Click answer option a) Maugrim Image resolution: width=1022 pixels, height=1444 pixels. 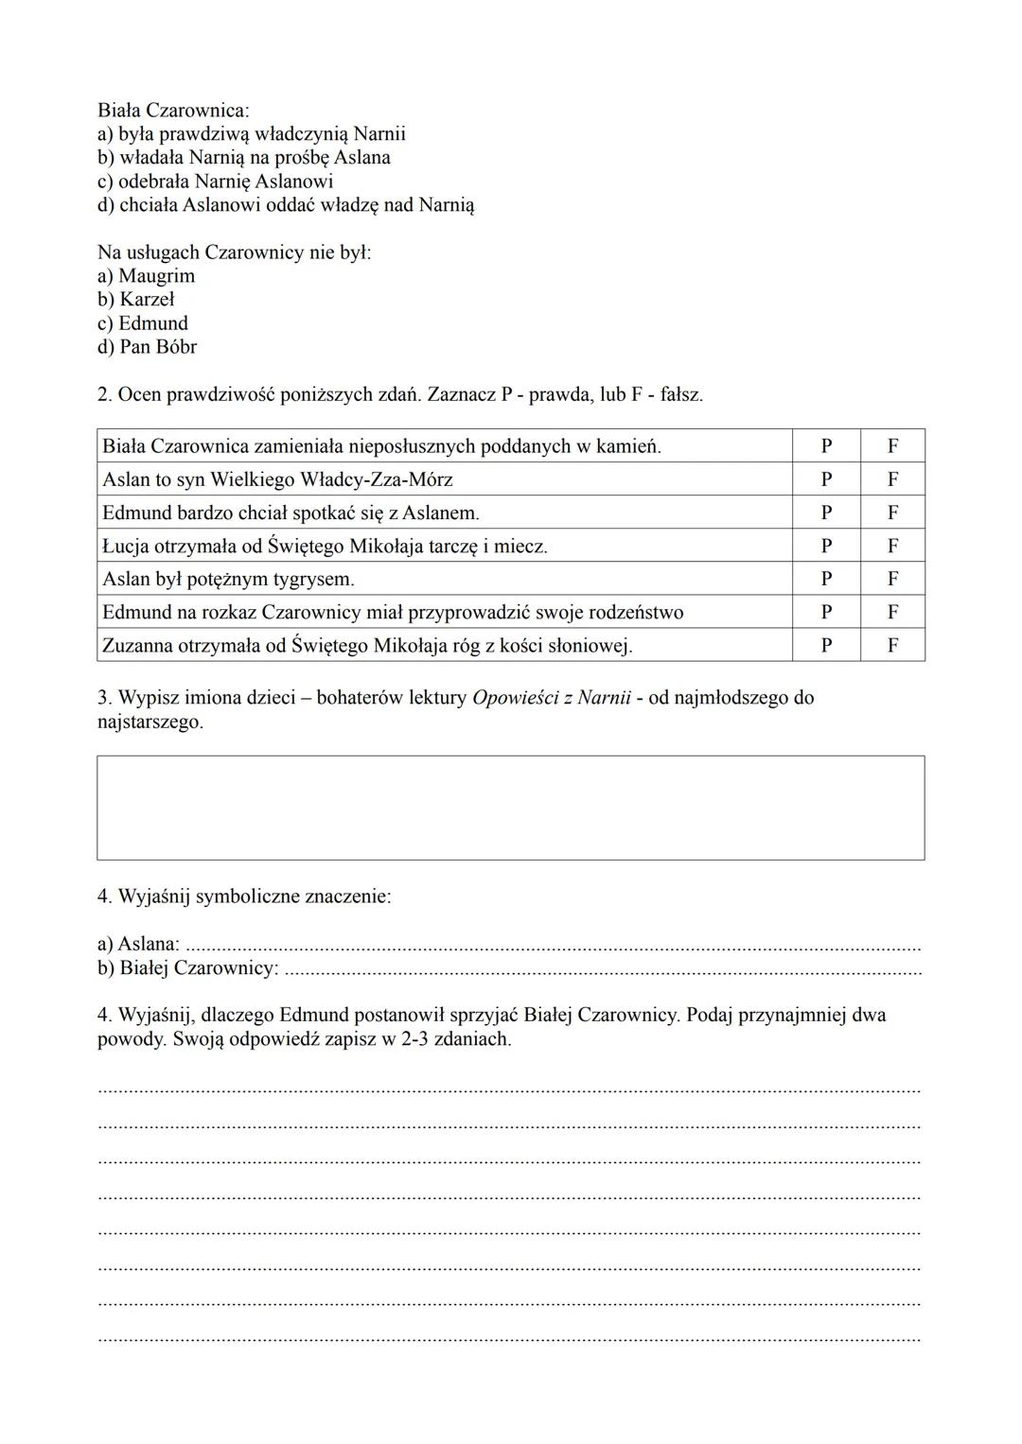click(146, 276)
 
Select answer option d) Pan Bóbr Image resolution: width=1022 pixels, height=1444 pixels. click(147, 347)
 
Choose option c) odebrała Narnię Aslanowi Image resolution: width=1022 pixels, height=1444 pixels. click(215, 182)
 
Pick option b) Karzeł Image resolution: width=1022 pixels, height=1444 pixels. click(135, 300)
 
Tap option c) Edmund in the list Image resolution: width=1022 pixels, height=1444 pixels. click(142, 323)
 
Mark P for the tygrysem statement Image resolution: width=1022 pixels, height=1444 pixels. click(826, 579)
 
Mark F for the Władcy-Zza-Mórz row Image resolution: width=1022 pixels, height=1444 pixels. click(892, 479)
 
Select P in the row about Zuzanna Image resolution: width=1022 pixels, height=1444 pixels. click(826, 646)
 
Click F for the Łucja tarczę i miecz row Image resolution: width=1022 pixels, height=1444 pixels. click(892, 546)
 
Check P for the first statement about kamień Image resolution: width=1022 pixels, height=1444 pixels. click(826, 446)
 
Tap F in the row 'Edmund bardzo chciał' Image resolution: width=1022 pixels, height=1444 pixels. click(892, 513)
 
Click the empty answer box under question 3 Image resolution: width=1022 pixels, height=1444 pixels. click(510, 808)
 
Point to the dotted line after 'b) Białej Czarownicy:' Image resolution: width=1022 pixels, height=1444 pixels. click(602, 969)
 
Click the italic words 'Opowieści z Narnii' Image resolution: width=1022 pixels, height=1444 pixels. click(551, 698)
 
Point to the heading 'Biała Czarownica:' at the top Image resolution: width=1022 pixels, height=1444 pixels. click(173, 111)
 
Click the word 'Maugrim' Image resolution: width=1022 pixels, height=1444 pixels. click(157, 276)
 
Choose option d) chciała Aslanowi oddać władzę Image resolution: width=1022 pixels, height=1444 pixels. click(285, 205)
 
